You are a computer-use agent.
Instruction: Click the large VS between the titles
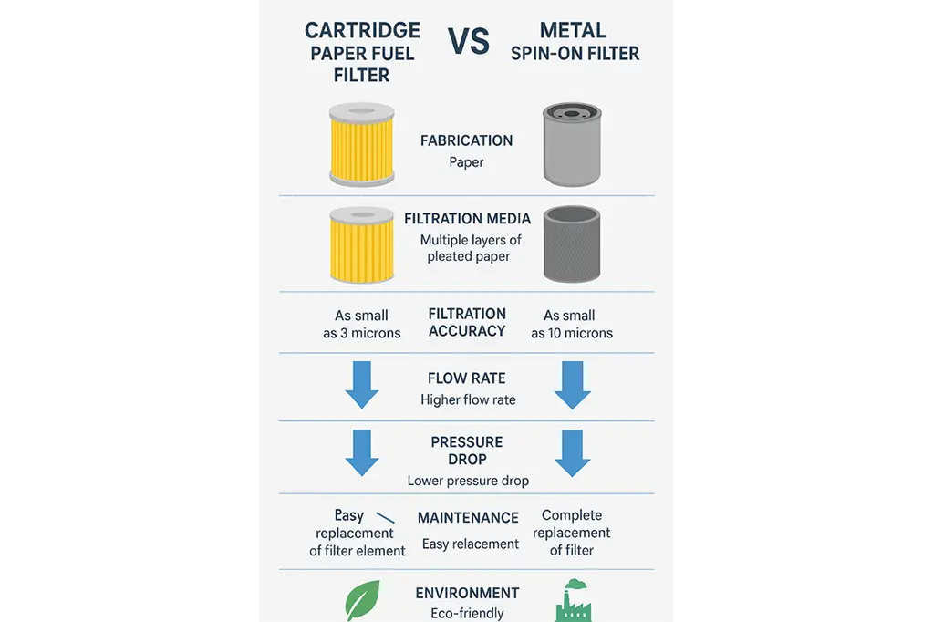coord(469,42)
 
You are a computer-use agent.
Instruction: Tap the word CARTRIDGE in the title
coord(362,30)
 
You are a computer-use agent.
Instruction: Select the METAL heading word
coord(573,30)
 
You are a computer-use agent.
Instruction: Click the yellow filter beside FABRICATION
coord(362,145)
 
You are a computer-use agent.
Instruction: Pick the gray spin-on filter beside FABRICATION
coord(572,145)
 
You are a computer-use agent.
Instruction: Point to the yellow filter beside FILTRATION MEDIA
coord(362,244)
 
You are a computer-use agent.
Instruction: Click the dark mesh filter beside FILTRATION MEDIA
coord(572,244)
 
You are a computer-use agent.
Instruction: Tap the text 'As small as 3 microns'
coord(362,325)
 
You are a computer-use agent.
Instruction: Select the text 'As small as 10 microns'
coord(572,325)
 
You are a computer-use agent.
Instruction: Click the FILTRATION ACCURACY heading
coord(467,323)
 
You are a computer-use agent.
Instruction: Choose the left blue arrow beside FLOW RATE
coord(362,385)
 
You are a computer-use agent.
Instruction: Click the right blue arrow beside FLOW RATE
coord(573,385)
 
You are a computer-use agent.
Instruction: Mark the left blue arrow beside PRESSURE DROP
coord(362,453)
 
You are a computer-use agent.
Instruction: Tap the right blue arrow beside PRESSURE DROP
coord(573,453)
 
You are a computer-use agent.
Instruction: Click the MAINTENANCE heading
coord(468,518)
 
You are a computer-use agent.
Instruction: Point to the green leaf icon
coord(362,600)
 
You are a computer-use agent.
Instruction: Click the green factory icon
coord(574,600)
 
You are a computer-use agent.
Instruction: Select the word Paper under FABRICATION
coord(467,162)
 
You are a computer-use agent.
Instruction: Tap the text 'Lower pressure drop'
coord(468,481)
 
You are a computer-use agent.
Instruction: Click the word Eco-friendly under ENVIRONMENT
coord(467,614)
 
